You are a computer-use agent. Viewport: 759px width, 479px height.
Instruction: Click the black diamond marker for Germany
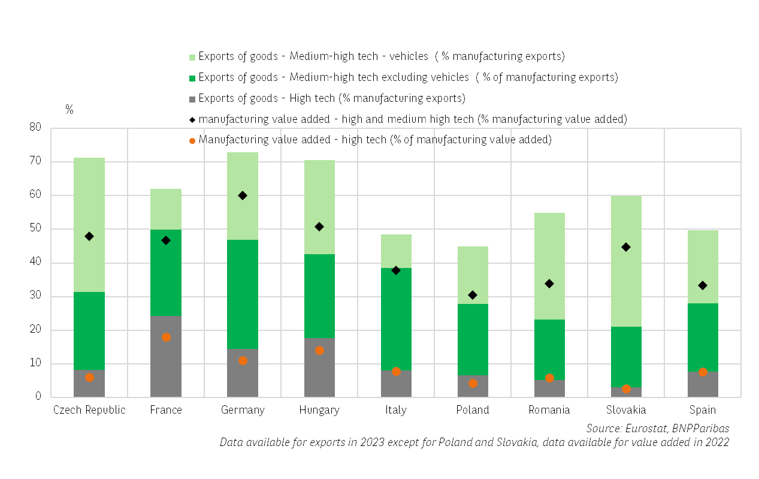[x=243, y=195]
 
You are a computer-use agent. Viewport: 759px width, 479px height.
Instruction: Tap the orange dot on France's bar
[x=166, y=338]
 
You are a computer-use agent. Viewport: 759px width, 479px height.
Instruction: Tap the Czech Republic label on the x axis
[x=89, y=410]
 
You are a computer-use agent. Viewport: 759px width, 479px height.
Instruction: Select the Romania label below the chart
[x=549, y=410]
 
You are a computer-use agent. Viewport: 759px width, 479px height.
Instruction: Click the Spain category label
[x=703, y=410]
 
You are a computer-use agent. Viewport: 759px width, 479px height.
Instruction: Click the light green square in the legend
[x=192, y=58]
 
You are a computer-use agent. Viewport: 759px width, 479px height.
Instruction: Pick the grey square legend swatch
[x=192, y=99]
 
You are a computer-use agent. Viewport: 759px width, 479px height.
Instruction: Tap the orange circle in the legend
[x=192, y=140]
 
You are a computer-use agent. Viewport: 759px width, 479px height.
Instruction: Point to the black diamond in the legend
[x=192, y=119]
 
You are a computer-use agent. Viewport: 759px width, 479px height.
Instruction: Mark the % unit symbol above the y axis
[x=69, y=110]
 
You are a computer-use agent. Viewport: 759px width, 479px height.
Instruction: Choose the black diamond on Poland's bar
[x=473, y=295]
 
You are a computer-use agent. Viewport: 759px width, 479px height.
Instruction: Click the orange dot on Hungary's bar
[x=319, y=351]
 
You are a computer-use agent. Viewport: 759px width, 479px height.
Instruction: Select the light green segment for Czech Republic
[x=89, y=225]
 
